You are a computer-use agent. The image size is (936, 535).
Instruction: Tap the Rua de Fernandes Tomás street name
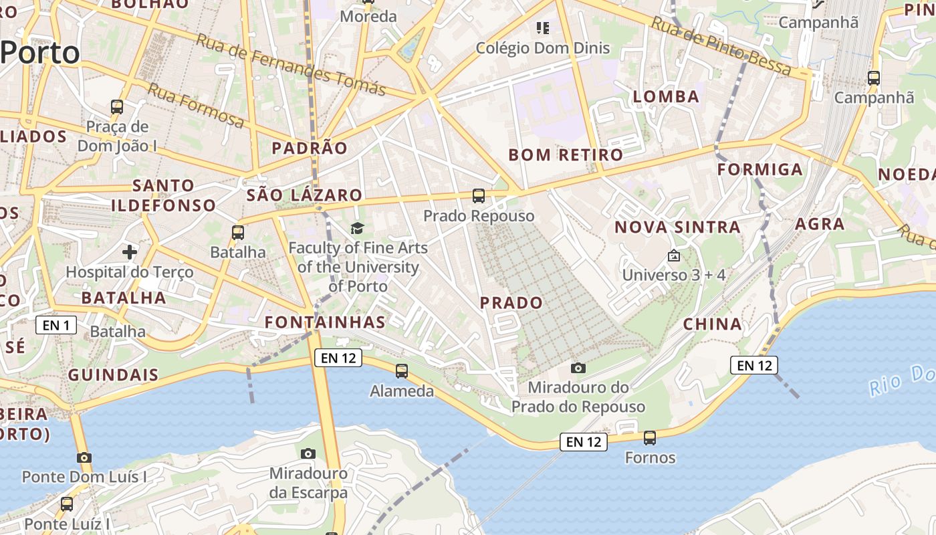click(x=291, y=64)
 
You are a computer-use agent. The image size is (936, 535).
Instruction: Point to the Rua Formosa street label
click(x=196, y=106)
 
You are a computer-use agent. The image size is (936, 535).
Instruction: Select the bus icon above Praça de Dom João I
click(x=117, y=107)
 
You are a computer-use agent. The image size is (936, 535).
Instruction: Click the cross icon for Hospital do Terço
click(x=130, y=252)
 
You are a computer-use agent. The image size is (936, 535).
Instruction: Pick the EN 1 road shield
click(x=56, y=326)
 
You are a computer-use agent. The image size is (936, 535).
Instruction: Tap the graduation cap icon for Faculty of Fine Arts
click(x=358, y=229)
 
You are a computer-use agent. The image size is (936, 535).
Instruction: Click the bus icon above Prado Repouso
click(x=479, y=196)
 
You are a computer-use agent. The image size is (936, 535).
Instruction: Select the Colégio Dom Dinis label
click(x=543, y=47)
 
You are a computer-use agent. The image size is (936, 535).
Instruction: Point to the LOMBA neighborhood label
click(x=666, y=97)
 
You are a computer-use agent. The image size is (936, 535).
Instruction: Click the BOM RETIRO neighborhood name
click(x=566, y=155)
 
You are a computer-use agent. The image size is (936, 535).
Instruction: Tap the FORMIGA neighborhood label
click(x=760, y=170)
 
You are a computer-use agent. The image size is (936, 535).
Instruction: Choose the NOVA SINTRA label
click(x=677, y=227)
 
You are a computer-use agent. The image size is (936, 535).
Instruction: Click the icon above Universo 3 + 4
click(x=674, y=255)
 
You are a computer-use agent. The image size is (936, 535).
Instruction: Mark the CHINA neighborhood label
click(x=713, y=325)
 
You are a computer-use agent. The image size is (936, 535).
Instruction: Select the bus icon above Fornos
click(x=650, y=438)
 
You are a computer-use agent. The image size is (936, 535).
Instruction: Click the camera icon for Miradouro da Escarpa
click(x=308, y=454)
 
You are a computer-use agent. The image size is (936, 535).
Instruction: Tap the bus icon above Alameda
click(x=402, y=371)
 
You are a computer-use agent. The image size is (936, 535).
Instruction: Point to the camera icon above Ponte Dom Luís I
click(x=84, y=458)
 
